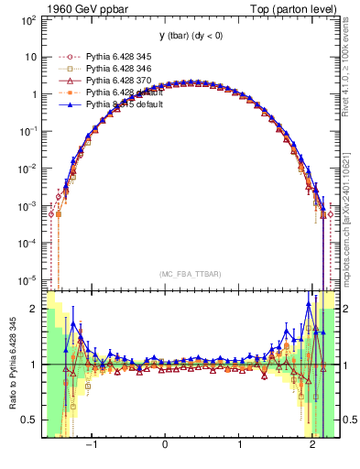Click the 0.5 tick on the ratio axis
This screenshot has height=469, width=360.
pyautogui.click(x=30, y=420)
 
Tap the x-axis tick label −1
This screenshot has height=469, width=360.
pyautogui.click(x=91, y=446)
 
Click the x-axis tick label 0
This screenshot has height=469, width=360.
pyautogui.click(x=165, y=446)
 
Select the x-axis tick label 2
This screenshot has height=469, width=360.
pyautogui.click(x=314, y=446)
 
